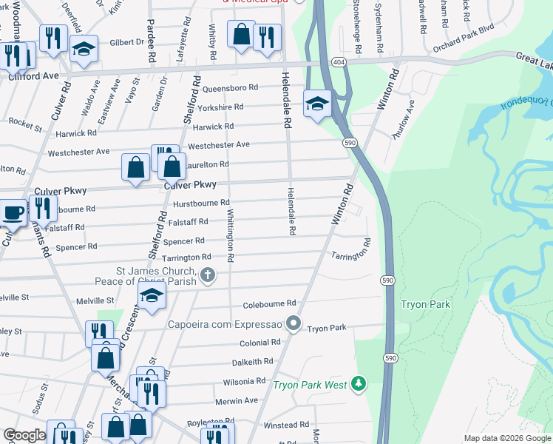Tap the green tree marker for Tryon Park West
pyautogui.click(x=359, y=383)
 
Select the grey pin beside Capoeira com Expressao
pyautogui.click(x=294, y=323)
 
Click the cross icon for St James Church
pyautogui.click(x=208, y=277)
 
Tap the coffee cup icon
pyautogui.click(x=12, y=212)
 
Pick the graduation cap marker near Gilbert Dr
pyautogui.click(x=84, y=49)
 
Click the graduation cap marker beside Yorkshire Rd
pyautogui.click(x=316, y=103)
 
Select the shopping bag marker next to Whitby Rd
pyautogui.click(x=241, y=34)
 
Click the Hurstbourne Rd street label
pyautogui.click(x=201, y=203)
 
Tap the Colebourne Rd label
pyautogui.click(x=269, y=304)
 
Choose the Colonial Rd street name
pyautogui.click(x=259, y=343)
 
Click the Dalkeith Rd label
pyautogui.click(x=252, y=362)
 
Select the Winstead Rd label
pyautogui.click(x=285, y=425)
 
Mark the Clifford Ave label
pyautogui.click(x=33, y=75)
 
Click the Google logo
pyautogui.click(x=24, y=435)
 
